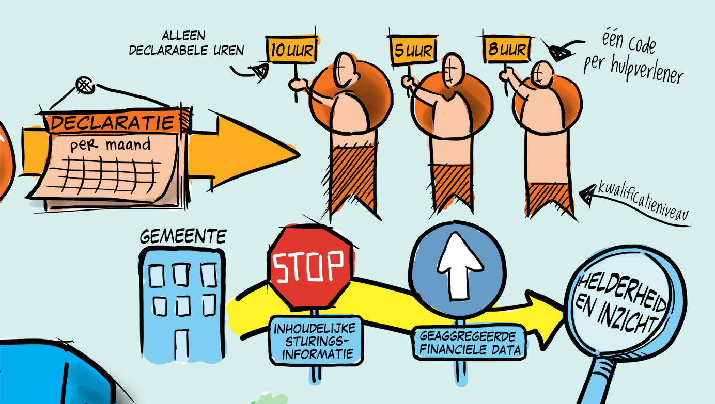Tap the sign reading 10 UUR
tap(291, 50)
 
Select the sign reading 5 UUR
tap(413, 50)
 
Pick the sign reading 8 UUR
tap(507, 50)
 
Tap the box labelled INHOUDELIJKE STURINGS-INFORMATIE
tap(316, 341)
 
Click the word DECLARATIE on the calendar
tap(112, 123)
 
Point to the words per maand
tap(110, 145)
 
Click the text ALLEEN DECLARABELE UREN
tap(186, 43)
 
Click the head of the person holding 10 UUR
tap(345, 70)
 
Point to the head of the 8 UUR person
tap(542, 75)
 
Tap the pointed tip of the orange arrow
tap(299, 155)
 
